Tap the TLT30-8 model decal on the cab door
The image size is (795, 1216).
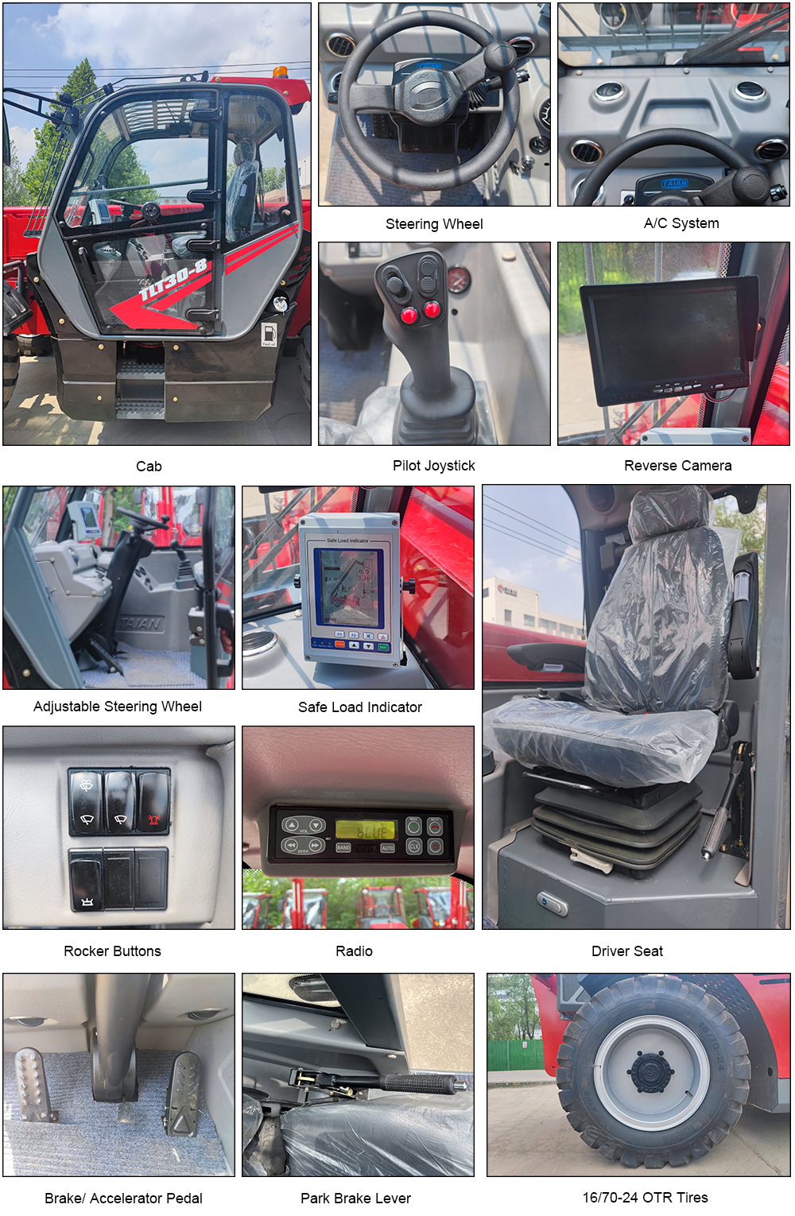tap(173, 280)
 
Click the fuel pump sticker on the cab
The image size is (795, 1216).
tap(269, 334)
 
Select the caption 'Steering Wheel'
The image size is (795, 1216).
tap(434, 223)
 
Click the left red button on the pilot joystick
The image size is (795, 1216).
tap(409, 314)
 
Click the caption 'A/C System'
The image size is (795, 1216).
tap(681, 223)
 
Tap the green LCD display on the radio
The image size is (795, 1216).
tap(366, 830)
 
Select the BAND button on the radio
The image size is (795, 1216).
tap(343, 847)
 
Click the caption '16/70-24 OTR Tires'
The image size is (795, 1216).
tap(645, 1197)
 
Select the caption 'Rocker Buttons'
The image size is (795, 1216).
tap(112, 951)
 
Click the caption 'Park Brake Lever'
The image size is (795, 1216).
tap(355, 1198)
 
